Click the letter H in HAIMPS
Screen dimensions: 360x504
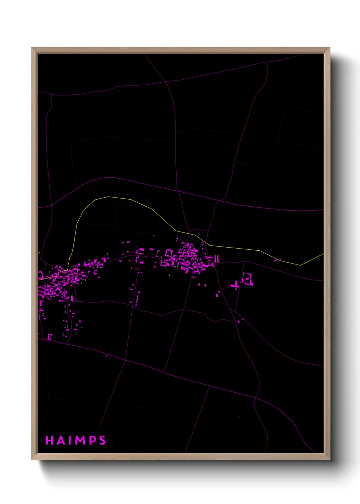tap(49, 440)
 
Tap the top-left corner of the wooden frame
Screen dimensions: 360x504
tap(32, 48)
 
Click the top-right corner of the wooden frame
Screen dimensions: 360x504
tap(329, 48)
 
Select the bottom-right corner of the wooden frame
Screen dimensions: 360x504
tap(329, 459)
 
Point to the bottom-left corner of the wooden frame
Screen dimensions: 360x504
tap(32, 459)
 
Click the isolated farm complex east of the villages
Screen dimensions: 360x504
tap(248, 279)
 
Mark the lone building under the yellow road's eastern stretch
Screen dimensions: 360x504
tap(275, 261)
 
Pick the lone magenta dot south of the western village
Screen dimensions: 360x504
tap(107, 356)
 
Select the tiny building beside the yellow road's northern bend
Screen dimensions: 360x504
tap(117, 203)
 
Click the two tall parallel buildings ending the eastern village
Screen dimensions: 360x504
tap(216, 259)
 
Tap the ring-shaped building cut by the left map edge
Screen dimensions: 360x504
tap(40, 275)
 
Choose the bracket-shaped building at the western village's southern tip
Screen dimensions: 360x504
tap(50, 337)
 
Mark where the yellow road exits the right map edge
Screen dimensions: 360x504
tap(323, 254)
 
